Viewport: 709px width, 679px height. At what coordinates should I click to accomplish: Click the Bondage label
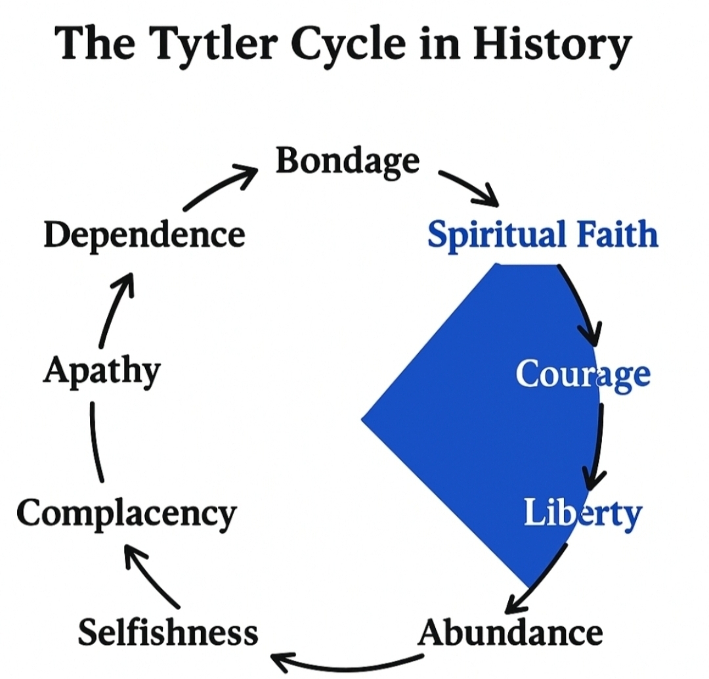pos(347,162)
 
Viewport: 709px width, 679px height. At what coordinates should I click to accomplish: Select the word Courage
pos(583,374)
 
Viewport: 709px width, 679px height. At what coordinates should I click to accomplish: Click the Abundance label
pos(510,633)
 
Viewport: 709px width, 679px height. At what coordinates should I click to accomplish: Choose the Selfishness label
pos(168,633)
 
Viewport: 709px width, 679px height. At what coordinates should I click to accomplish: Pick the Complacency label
pos(126,514)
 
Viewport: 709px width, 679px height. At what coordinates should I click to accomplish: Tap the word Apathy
pos(102,372)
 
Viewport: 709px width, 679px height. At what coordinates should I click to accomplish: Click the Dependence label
pos(144,235)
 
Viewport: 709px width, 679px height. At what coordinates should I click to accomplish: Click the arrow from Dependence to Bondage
pos(219,187)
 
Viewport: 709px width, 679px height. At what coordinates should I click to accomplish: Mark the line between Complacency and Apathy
pos(96,443)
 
